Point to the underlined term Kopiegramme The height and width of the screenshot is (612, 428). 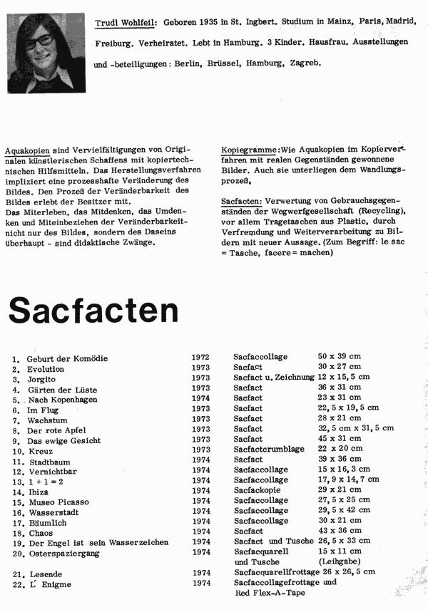pyautogui.click(x=250, y=150)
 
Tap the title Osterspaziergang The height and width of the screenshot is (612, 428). pyautogui.click(x=63, y=554)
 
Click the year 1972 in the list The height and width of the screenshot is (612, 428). pyautogui.click(x=200, y=356)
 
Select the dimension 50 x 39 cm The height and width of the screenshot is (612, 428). pyautogui.click(x=340, y=356)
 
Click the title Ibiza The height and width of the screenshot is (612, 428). pyautogui.click(x=39, y=492)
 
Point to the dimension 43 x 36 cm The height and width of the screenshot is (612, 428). pyautogui.click(x=339, y=531)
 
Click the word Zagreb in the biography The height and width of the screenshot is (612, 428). pyautogui.click(x=306, y=63)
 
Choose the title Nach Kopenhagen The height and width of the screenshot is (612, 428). pyautogui.click(x=62, y=400)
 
